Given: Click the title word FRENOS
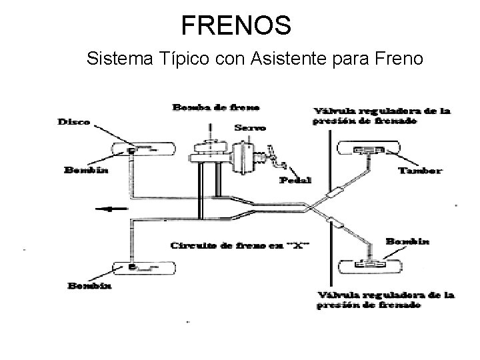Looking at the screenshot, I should pyautogui.click(x=236, y=25).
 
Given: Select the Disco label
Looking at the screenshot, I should pyautogui.click(x=75, y=122).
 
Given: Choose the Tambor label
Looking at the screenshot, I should pyautogui.click(x=419, y=170).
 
